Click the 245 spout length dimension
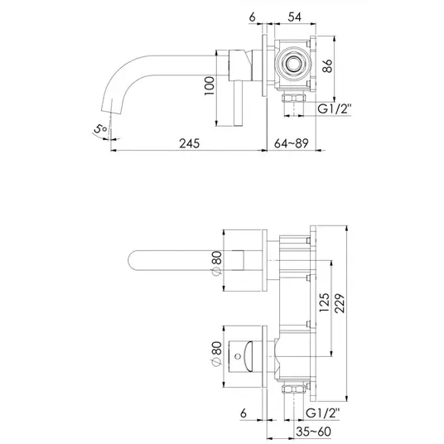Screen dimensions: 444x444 190,143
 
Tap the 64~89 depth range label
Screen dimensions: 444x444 291,143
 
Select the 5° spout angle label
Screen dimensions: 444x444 100,129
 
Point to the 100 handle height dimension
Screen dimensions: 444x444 210,85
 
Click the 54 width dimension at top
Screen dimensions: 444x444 295,17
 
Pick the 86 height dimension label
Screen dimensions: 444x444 328,65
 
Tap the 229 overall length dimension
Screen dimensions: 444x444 340,303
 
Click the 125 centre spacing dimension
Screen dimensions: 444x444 325,302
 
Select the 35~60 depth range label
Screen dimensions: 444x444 313,432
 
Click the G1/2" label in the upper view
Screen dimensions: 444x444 335,109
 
